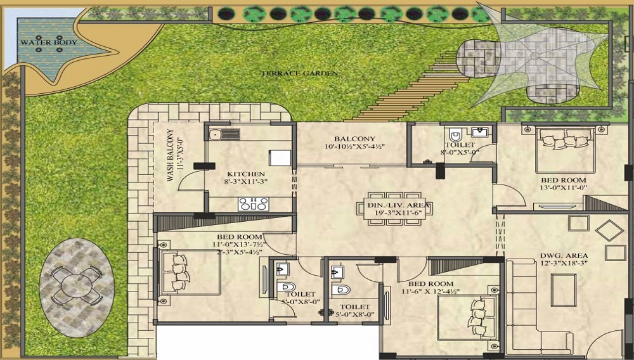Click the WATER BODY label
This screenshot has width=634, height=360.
pyautogui.click(x=49, y=42)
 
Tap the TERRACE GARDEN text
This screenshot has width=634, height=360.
pyautogui.click(x=299, y=74)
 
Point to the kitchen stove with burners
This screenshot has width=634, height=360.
pyautogui.click(x=253, y=204)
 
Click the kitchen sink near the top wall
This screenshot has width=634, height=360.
pyautogui.click(x=224, y=134)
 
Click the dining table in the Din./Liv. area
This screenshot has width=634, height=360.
pyautogui.click(x=394, y=209)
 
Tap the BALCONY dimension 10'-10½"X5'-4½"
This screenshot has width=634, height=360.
pyautogui.click(x=354, y=146)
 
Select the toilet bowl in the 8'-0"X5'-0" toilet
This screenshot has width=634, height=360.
pyautogui.click(x=455, y=134)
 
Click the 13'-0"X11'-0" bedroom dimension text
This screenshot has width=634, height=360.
pyautogui.click(x=563, y=188)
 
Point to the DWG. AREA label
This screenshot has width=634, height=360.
pyautogui.click(x=564, y=256)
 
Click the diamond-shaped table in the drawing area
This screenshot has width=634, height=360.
pyautogui.click(x=610, y=231)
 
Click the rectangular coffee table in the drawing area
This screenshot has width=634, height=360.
pyautogui.click(x=564, y=289)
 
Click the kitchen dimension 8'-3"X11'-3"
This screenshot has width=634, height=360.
pyautogui.click(x=246, y=182)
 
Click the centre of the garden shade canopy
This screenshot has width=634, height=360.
pyautogui.click(x=534, y=56)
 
